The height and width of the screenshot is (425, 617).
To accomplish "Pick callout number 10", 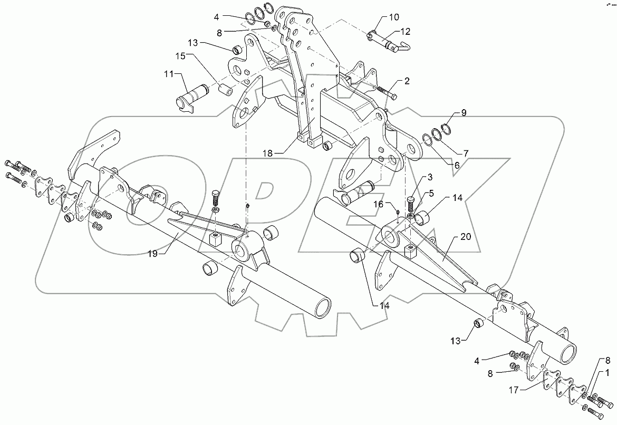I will (393, 17).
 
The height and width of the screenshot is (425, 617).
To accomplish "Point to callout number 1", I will (608, 372).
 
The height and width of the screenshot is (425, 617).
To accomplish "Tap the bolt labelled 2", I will (387, 95).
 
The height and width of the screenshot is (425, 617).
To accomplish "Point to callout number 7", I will (465, 153).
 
